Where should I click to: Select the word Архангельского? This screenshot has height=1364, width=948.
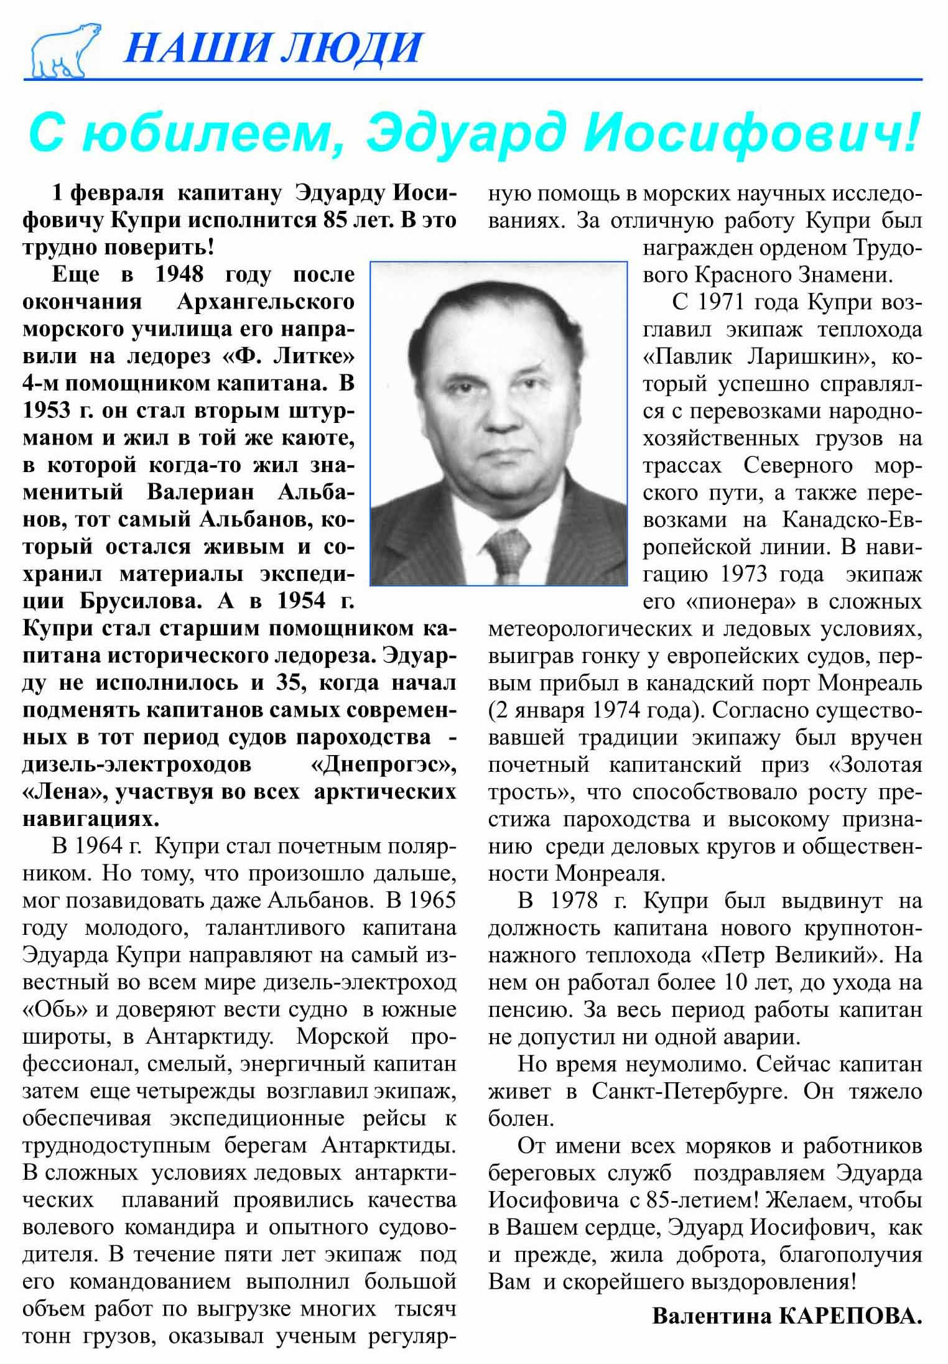click(266, 302)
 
